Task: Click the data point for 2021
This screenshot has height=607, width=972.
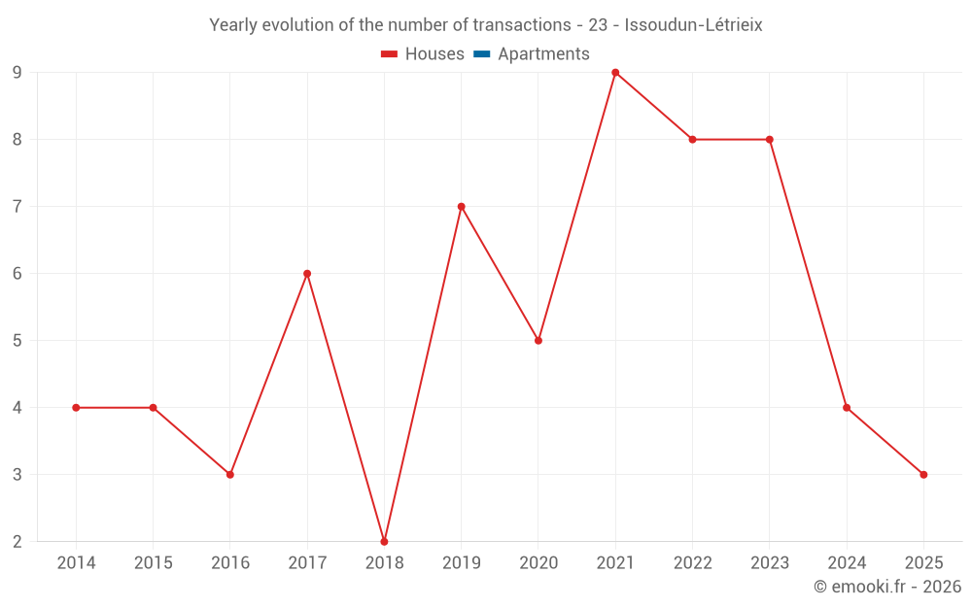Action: coord(615,72)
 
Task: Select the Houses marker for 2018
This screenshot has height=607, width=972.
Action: coord(384,541)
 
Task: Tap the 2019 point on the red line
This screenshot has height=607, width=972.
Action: coord(461,206)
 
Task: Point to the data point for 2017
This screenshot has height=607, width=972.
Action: coord(307,273)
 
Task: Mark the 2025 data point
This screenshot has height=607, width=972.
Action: coord(923,474)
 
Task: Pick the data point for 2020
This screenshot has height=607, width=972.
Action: coord(538,340)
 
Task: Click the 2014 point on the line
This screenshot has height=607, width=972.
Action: coord(76,407)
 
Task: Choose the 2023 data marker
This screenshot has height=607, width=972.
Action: coord(770,139)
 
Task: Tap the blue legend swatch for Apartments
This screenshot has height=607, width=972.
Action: coord(481,54)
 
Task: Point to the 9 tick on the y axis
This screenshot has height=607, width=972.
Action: coord(17,72)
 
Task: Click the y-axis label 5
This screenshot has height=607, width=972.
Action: coord(17,340)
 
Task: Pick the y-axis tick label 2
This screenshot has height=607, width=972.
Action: coord(17,541)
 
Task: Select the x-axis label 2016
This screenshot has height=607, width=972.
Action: coord(230,562)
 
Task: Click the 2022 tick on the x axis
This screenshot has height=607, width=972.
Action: coord(692,562)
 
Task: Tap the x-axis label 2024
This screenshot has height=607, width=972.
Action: coord(847,562)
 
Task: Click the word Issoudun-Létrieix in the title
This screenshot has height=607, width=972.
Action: coord(693,25)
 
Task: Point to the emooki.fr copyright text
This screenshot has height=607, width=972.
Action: coord(887,587)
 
